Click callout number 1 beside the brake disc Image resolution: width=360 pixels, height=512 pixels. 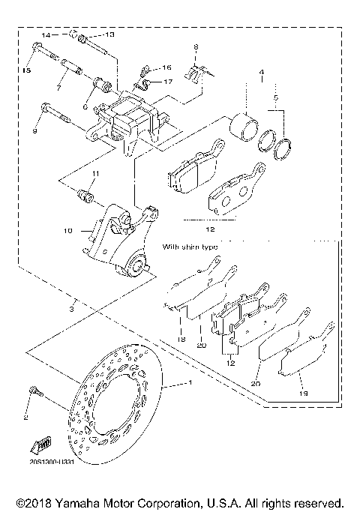pos(190,384)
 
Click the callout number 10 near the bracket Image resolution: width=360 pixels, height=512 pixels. pos(67,232)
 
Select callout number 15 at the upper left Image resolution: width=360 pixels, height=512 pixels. pos(27,70)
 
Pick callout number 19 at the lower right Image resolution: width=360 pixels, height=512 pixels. pos(302,391)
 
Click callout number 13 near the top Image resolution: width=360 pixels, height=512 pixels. pos(109,34)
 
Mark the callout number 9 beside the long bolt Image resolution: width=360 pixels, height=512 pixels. pos(34,132)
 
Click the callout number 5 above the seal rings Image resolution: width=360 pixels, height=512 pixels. pos(276,97)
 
